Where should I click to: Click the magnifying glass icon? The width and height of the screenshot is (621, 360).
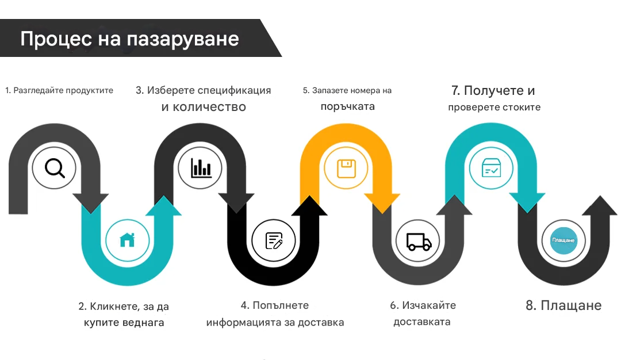pyautogui.click(x=55, y=168)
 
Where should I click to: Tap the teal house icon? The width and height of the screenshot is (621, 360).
pyautogui.click(x=127, y=240)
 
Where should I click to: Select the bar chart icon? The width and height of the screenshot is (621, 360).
pyautogui.click(x=201, y=168)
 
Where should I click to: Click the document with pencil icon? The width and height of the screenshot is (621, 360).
pyautogui.click(x=274, y=240)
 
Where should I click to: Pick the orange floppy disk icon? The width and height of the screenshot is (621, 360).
pyautogui.click(x=346, y=168)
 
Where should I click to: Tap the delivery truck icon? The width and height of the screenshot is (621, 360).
pyautogui.click(x=419, y=242)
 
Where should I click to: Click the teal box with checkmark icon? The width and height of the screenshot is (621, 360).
pyautogui.click(x=491, y=168)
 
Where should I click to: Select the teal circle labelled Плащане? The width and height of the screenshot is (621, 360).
pyautogui.click(x=563, y=240)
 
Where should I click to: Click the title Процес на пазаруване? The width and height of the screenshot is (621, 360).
pyautogui.click(x=130, y=39)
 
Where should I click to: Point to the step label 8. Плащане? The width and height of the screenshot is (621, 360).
pyautogui.click(x=563, y=305)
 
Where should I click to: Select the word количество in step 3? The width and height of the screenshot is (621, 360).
pyautogui.click(x=209, y=107)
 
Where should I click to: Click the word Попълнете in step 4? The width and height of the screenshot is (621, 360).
pyautogui.click(x=281, y=305)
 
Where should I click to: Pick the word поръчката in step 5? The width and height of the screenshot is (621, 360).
pyautogui.click(x=348, y=107)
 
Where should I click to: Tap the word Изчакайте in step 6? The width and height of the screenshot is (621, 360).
pyautogui.click(x=429, y=305)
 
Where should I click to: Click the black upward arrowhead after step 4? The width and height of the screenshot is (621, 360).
pyautogui.click(x=309, y=205)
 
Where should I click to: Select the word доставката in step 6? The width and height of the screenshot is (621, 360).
pyautogui.click(x=422, y=322)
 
